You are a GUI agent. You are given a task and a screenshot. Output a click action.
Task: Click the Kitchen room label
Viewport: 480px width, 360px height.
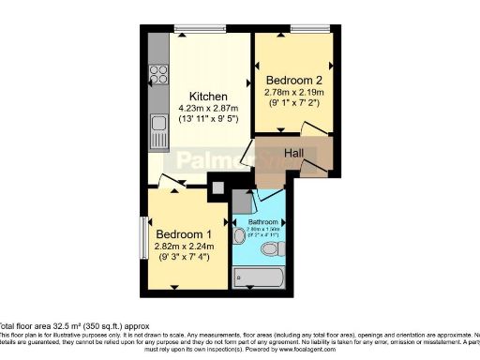207,97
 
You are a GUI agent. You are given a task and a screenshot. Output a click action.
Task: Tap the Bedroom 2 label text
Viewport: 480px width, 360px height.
294,80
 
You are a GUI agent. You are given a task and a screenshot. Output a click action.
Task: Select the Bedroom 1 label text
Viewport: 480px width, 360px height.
184,233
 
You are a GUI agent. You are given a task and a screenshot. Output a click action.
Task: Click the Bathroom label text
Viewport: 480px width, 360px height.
262,221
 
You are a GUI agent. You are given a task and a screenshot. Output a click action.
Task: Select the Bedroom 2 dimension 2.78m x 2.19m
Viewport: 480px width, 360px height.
294,92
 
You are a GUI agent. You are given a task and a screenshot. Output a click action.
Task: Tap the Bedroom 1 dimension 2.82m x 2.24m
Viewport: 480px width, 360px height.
184,247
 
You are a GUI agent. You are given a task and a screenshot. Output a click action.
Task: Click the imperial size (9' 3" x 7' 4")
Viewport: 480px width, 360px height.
184,258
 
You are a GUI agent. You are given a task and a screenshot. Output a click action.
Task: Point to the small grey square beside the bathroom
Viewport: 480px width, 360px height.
217,187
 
